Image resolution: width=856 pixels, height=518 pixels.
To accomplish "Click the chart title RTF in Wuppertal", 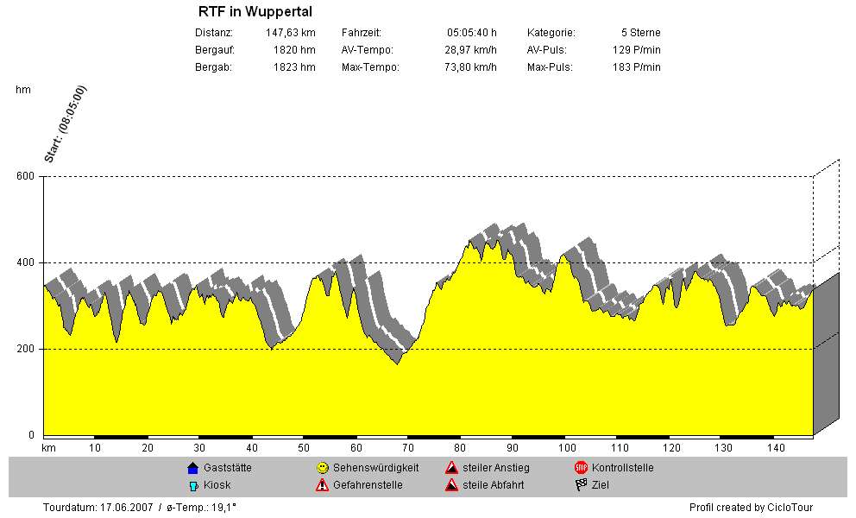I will tap(255, 12).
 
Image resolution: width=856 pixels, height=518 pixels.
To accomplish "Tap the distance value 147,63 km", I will tap(291, 33).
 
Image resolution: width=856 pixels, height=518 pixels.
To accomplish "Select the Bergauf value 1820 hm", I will tap(294, 50).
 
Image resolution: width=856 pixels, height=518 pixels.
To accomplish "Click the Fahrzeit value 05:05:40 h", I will tap(472, 33).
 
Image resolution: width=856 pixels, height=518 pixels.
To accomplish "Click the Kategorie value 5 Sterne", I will tap(640, 33).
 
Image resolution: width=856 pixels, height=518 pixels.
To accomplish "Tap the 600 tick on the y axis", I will tap(25, 177).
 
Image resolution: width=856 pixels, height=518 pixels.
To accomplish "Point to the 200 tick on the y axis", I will tap(25, 350).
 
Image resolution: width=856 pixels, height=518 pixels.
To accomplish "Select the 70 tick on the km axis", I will tap(408, 448).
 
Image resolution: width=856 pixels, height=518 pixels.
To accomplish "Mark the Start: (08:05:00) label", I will tap(65, 124).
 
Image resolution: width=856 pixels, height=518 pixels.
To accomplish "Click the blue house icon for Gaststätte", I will tap(192, 468).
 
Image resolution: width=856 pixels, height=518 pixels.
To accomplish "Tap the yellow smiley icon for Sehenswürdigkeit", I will tap(322, 468).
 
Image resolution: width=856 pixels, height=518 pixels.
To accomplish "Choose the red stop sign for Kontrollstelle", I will tap(581, 468).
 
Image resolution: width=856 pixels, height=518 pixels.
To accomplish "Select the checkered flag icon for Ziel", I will tap(581, 485).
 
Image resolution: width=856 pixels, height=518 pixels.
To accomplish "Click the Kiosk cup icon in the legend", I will tap(192, 485).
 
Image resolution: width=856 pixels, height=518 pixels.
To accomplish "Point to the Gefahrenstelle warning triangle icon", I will tap(322, 485).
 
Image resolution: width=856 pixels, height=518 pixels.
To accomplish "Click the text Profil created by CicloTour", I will tap(751, 508).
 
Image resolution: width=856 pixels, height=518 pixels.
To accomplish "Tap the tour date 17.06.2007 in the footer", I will tap(128, 508).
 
